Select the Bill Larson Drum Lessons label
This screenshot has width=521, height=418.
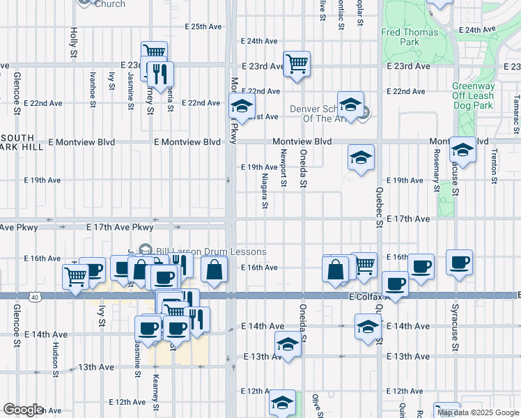(202, 251)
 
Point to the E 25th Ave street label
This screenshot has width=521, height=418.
(203, 26)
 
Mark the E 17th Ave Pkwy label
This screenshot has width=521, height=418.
(119, 228)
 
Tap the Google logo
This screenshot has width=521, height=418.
(23, 410)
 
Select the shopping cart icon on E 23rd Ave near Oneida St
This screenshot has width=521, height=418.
(297, 64)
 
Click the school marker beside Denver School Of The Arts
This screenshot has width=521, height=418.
(350, 104)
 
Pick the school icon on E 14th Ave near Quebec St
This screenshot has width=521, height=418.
(368, 325)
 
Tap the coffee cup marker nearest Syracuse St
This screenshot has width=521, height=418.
(459, 263)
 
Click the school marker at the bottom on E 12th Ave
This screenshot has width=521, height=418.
(282, 402)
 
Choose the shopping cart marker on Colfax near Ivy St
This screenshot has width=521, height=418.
(76, 276)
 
